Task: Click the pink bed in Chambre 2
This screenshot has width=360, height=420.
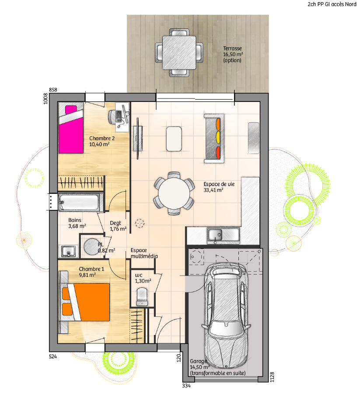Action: tap(71, 129)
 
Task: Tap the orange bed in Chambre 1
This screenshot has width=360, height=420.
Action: tap(86, 302)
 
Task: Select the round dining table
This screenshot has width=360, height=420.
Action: tap(174, 193)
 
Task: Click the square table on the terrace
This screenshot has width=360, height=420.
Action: tap(179, 53)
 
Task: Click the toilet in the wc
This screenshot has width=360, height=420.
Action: tap(142, 297)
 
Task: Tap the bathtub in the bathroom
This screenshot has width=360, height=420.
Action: tap(79, 202)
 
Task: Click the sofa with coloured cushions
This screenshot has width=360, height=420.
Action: tap(214, 139)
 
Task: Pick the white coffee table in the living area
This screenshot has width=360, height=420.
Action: tap(174, 139)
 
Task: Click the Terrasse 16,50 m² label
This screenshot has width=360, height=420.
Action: tap(233, 54)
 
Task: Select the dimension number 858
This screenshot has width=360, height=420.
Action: tap(53, 90)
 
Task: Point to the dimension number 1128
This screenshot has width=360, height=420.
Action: tap(272, 377)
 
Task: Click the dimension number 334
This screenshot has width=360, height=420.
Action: tap(186, 386)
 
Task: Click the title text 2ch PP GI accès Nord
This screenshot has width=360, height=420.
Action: tap(332, 4)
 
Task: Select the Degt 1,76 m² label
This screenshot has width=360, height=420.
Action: tap(118, 226)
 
